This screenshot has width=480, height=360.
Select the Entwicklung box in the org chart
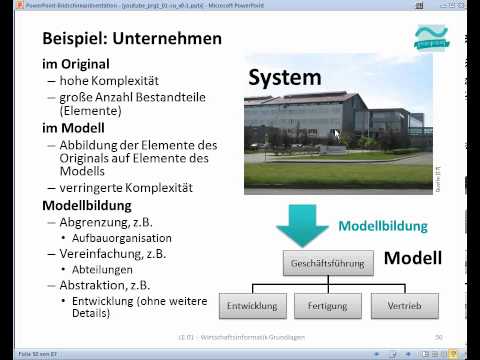coord(252,303)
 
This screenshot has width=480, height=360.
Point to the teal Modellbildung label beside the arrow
coord(382,226)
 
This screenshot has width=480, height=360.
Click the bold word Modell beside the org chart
coord(413,259)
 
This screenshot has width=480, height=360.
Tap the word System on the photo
coord(284,78)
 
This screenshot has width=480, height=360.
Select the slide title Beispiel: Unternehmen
coord(131,39)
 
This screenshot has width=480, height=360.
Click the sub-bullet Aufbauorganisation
coord(121,238)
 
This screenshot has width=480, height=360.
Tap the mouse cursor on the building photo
coord(336,135)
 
